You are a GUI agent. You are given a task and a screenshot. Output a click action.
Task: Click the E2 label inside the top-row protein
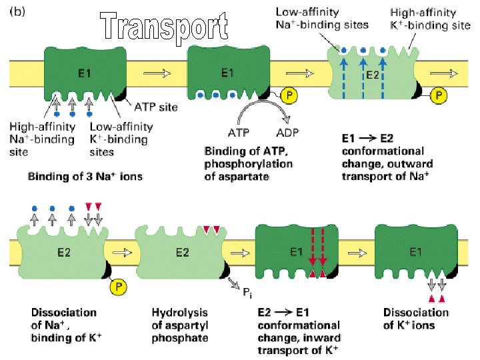(x=373, y=75)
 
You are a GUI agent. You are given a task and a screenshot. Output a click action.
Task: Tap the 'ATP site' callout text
(x=157, y=107)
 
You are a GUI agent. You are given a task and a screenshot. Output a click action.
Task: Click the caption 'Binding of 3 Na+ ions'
(x=85, y=177)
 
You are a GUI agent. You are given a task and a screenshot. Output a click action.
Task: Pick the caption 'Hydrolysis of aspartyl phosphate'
(x=179, y=325)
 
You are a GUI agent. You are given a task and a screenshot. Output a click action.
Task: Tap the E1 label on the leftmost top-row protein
(x=85, y=73)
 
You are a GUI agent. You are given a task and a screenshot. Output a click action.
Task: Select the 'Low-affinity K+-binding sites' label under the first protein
(x=121, y=139)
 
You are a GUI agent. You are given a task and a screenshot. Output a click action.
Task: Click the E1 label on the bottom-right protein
(x=415, y=252)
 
